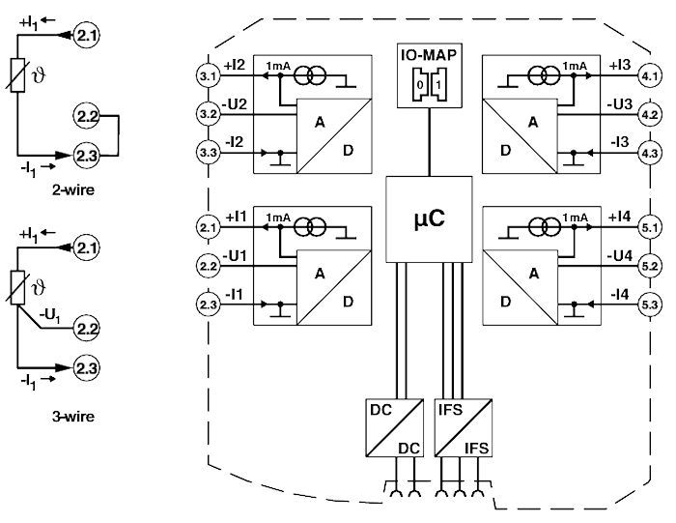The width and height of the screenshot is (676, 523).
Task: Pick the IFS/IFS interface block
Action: click(x=463, y=426)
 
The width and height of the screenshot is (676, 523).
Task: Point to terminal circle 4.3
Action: click(x=648, y=152)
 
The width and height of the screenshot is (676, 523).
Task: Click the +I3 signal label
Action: click(x=619, y=65)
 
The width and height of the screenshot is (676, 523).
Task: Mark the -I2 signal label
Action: click(x=235, y=142)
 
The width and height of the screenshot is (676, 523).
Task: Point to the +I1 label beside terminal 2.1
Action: click(x=235, y=217)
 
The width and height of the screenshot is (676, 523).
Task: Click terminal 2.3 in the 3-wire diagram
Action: click(x=87, y=368)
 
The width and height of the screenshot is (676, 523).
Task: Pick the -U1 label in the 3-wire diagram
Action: click(x=55, y=315)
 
